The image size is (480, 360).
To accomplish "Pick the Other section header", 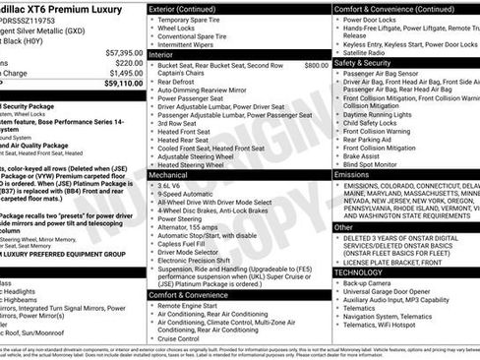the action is (x=345, y=226).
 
